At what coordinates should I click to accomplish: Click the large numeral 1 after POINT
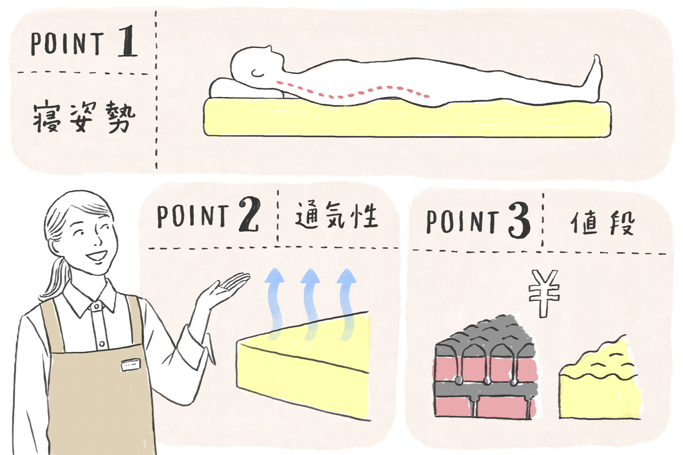128,41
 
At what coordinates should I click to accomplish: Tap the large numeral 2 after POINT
249,215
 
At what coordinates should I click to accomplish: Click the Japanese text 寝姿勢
84,117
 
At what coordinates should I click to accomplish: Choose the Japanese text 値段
603,223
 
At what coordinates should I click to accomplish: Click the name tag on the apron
131,364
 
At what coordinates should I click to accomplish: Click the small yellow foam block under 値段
600,386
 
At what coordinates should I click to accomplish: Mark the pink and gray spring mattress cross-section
485,374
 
